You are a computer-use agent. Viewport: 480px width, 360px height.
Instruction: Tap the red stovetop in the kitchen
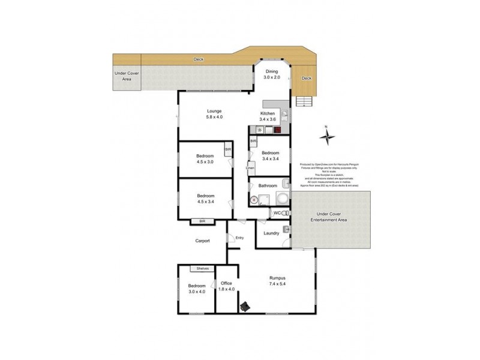click(x=278, y=130)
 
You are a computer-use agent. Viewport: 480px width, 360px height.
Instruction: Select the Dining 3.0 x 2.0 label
click(x=272, y=75)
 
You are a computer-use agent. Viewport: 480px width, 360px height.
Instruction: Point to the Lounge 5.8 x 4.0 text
click(x=214, y=114)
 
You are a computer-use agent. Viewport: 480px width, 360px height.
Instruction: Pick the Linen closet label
click(x=250, y=168)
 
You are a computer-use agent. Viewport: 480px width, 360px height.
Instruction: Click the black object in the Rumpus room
click(x=245, y=307)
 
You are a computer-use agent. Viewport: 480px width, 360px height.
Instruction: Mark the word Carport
click(x=203, y=241)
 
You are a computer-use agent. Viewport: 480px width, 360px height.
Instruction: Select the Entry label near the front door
click(x=239, y=238)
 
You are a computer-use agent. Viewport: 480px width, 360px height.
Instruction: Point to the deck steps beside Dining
click(x=304, y=101)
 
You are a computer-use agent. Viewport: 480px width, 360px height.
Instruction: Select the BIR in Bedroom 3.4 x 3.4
click(x=254, y=141)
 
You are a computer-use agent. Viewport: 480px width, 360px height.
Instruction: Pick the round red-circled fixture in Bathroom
click(x=254, y=200)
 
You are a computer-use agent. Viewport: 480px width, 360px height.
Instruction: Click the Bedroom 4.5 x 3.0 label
click(x=205, y=159)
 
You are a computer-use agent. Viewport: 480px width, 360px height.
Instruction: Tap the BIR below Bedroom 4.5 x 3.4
click(x=199, y=221)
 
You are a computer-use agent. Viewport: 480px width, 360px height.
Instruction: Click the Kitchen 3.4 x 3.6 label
click(x=268, y=117)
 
